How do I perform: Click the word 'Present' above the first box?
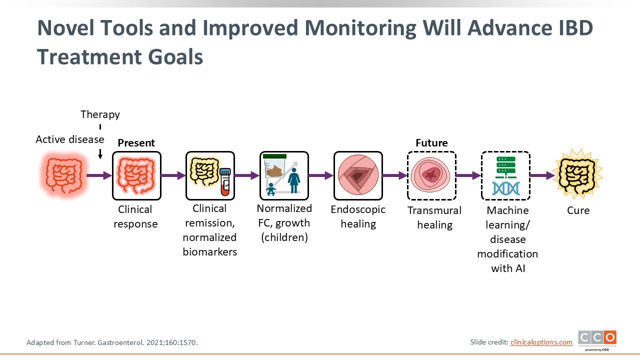pyautogui.click(x=136, y=143)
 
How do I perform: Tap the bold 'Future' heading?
pyautogui.click(x=431, y=143)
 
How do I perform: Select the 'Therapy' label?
pyautogui.click(x=100, y=115)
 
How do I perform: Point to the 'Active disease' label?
pyautogui.click(x=70, y=139)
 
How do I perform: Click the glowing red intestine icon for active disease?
pyautogui.click(x=63, y=175)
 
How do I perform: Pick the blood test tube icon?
pyautogui.click(x=225, y=182)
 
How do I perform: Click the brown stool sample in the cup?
pyautogui.click(x=274, y=171)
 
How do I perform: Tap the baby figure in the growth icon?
pyautogui.click(x=270, y=189)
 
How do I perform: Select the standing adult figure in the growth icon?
pyautogui.click(x=293, y=180)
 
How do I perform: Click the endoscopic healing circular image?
pyautogui.click(x=358, y=175)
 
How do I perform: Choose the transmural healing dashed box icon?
pyautogui.click(x=431, y=175)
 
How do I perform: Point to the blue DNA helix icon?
pyautogui.click(x=505, y=189)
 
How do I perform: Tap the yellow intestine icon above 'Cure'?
pyautogui.click(x=577, y=174)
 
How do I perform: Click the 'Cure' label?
pyautogui.click(x=578, y=210)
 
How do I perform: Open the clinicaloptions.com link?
pyautogui.click(x=541, y=342)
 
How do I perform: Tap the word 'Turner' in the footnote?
pyautogui.click(x=84, y=342)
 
